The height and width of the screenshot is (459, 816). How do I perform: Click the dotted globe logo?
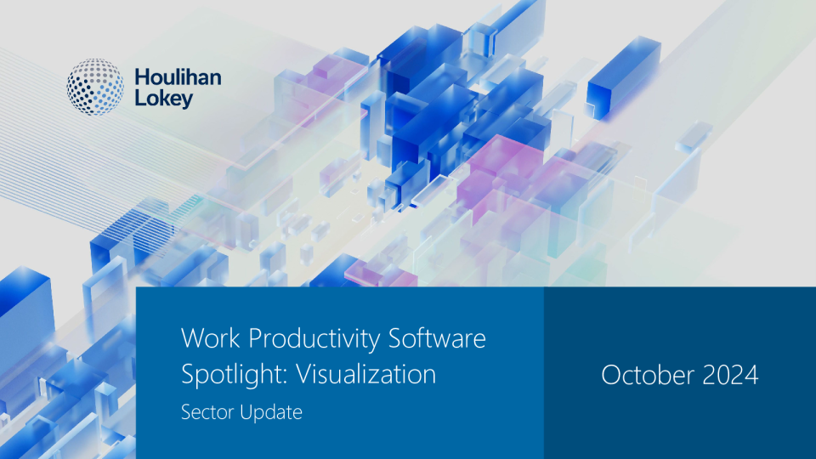point(95,87)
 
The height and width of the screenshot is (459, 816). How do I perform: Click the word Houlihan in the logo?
point(178,77)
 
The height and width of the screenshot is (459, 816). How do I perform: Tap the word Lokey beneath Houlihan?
point(164,99)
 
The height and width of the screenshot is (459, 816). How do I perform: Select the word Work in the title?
point(211,338)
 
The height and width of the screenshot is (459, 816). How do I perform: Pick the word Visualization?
point(365,374)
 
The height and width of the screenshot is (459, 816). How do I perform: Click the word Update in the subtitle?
point(271,413)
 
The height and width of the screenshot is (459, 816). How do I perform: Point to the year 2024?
point(731,375)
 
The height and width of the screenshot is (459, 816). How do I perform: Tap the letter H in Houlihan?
point(142,77)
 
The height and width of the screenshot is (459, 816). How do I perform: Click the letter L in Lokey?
point(140,97)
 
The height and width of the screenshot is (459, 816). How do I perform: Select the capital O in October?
point(612,375)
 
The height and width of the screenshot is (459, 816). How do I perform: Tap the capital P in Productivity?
point(256,338)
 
